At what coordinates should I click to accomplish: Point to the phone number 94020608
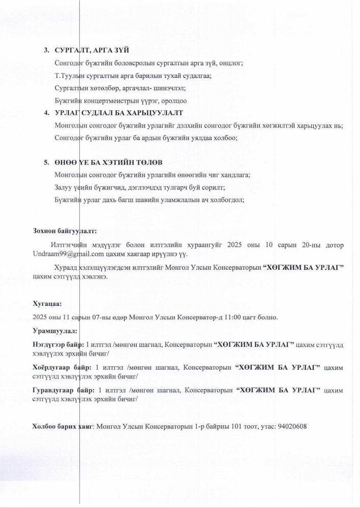pyautogui.click(x=292, y=426)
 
